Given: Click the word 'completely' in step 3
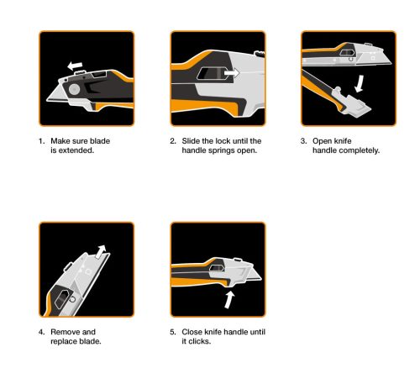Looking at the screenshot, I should click(360, 150).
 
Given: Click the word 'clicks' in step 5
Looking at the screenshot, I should click(198, 341).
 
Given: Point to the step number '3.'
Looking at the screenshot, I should click(303, 141).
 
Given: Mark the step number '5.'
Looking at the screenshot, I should click(172, 332).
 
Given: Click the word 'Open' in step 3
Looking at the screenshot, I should click(323, 141).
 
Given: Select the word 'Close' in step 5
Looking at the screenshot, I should click(192, 332).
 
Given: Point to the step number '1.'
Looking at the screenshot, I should click(41, 141).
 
